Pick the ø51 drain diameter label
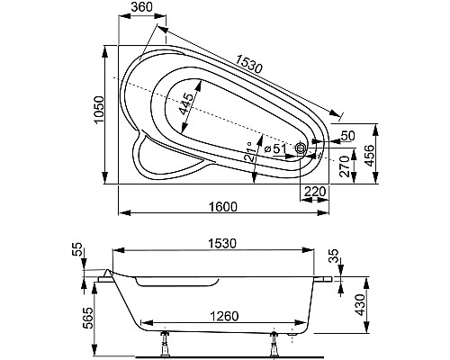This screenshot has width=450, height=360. tap(274, 148)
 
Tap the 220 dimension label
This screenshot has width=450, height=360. tap(314, 191)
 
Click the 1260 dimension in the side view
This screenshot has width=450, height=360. tap(215, 316)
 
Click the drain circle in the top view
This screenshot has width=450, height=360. tap(301, 154)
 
